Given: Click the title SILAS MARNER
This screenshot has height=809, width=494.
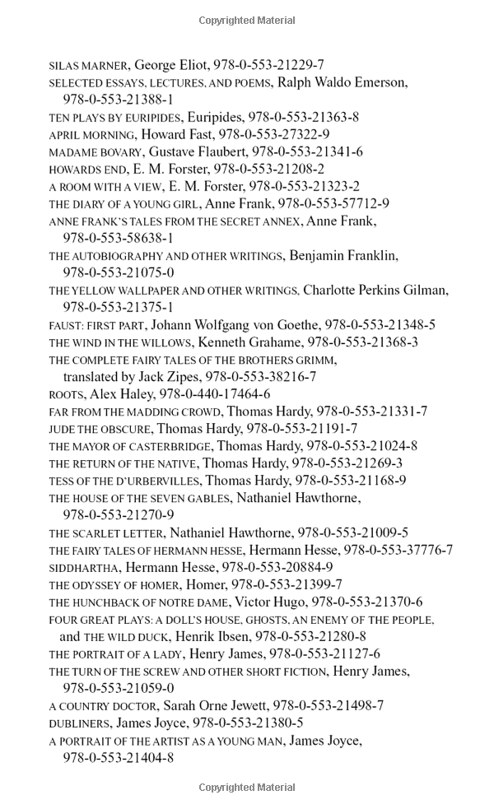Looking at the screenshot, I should pos(87,65).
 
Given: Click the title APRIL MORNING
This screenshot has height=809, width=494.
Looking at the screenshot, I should pos(91,134).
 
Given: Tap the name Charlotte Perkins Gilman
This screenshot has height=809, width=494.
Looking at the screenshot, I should pos(375,290).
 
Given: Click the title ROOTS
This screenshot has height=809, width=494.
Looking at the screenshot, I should pos(66,394).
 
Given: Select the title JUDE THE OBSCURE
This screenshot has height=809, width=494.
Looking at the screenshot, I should pos(100,429).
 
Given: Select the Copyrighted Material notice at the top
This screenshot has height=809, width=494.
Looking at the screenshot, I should pos(247,20).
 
